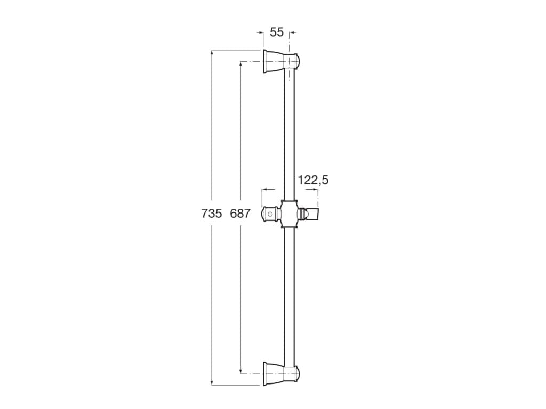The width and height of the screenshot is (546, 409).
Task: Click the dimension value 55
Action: (277, 32)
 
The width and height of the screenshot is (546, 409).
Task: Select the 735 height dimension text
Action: (212, 214)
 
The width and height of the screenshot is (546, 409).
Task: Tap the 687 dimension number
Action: (240, 214)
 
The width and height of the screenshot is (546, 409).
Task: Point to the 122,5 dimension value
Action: (313, 180)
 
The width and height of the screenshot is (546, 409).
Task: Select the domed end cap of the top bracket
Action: (297, 61)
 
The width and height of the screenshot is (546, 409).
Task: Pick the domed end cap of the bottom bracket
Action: (297, 373)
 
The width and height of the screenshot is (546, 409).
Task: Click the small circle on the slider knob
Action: (270, 215)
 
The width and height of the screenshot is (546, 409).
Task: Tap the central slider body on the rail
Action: (288, 214)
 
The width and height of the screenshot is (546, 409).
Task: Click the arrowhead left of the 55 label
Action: (261, 33)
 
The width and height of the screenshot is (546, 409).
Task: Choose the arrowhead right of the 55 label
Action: (292, 33)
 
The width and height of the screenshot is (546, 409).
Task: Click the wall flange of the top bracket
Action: (265, 61)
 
